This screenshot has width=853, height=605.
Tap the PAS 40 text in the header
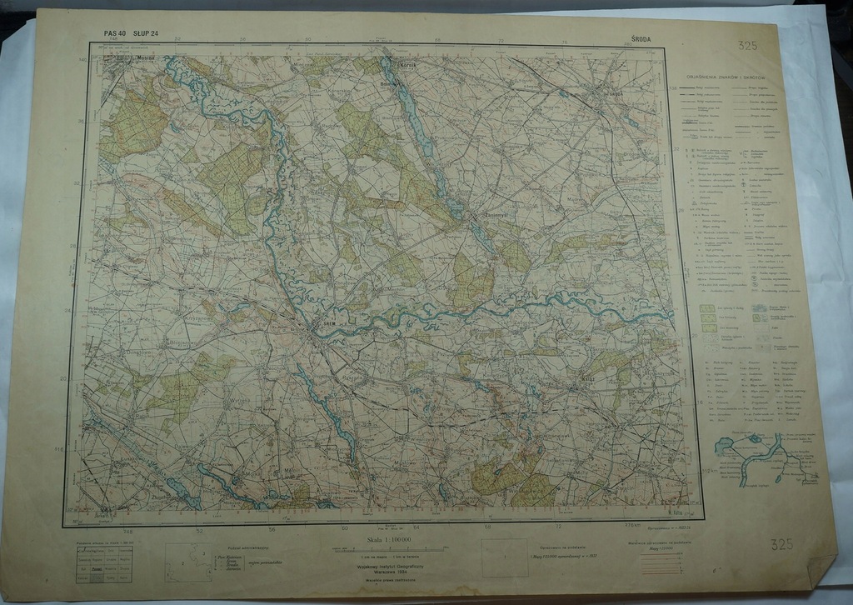click(x=114, y=33)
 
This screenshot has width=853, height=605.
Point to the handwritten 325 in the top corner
click(x=746, y=46)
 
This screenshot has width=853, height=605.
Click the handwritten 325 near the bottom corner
click(x=781, y=545)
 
